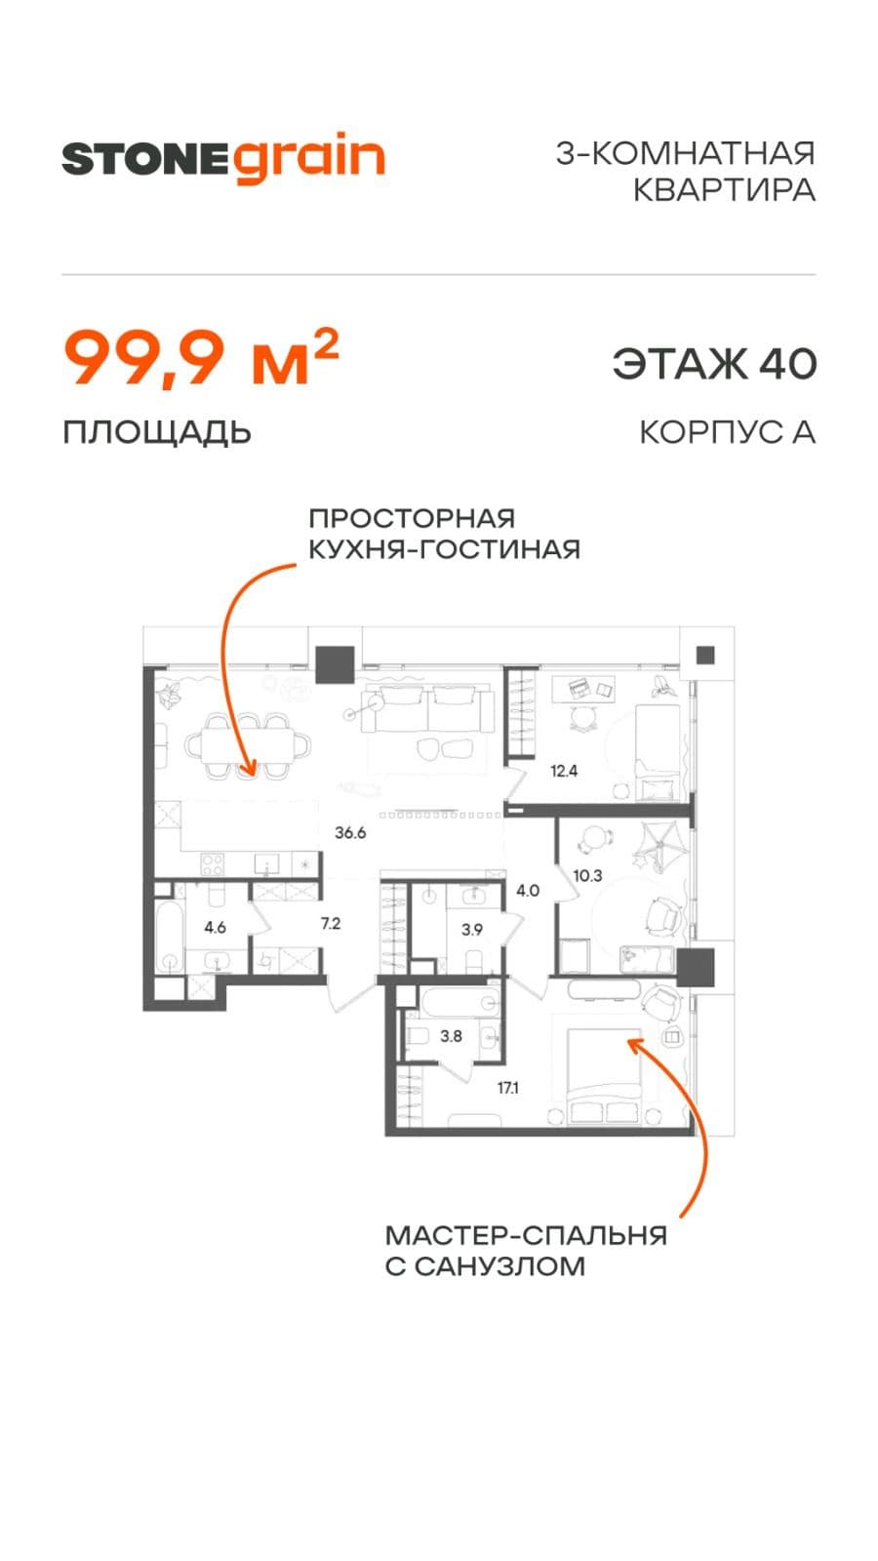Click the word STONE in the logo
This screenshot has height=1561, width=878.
coord(145,160)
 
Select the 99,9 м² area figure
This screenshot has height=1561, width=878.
coord(201,358)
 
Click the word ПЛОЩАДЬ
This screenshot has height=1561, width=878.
coord(157,433)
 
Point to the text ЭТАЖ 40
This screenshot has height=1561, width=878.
coord(714,363)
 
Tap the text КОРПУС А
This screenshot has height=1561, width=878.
coord(728,432)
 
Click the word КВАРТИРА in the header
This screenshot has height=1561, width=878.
coord(724,189)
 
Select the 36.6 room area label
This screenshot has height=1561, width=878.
coord(350,833)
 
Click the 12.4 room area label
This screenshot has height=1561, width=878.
coord(563,771)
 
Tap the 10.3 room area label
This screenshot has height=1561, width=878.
coord(587,876)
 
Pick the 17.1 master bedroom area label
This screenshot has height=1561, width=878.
coord(508,1088)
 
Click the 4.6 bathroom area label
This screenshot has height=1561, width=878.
coord(215,928)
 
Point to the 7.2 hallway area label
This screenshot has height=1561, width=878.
coord(331,924)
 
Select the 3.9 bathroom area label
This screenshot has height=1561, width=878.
coord(472,930)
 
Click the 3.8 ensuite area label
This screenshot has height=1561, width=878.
coord(451,1036)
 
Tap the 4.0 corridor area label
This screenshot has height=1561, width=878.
coord(528,891)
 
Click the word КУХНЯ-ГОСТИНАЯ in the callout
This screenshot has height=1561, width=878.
coord(445,550)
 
